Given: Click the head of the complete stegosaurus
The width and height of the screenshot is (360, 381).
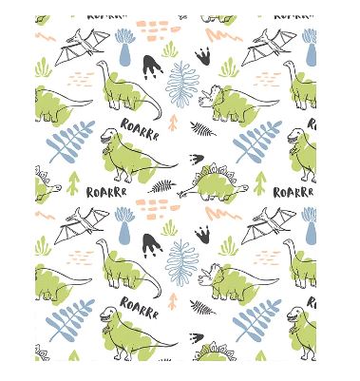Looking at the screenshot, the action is [x=244, y=188].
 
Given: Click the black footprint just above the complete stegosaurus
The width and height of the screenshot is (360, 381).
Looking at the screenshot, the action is [x=197, y=159].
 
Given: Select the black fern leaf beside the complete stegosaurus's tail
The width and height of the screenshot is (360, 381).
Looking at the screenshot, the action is [x=162, y=186].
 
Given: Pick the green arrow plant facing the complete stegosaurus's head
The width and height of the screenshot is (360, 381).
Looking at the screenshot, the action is [x=260, y=183].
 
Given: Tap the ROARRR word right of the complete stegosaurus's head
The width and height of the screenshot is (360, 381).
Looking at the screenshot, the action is [x=294, y=192].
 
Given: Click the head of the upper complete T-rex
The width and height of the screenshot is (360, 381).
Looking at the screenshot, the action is [x=108, y=136].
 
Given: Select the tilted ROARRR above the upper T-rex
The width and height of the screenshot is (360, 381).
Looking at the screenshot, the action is [x=140, y=129].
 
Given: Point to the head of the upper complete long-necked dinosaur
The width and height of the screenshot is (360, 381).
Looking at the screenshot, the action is [x=101, y=64].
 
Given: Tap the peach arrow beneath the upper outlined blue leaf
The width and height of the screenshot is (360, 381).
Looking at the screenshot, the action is [x=173, y=123].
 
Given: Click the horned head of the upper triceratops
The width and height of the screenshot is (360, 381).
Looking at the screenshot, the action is [x=210, y=96].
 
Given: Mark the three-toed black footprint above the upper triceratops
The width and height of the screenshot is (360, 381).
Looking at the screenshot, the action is [x=203, y=56].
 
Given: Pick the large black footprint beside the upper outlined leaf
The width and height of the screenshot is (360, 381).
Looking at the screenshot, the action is [x=152, y=67].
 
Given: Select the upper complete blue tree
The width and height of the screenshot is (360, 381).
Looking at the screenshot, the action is [x=124, y=48].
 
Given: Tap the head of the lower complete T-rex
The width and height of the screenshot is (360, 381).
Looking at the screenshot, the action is [x=107, y=314].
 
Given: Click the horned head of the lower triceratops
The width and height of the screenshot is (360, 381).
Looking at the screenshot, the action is [x=210, y=275].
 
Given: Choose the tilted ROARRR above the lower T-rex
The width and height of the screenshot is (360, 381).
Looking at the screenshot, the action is [x=140, y=307].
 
